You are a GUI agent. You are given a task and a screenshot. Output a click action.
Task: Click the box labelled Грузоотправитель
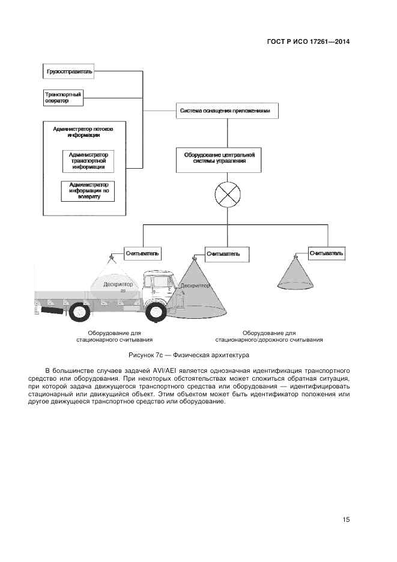[69, 72]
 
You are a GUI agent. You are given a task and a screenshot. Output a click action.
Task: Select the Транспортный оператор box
[63, 98]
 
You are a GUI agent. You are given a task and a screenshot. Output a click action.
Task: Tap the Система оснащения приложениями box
[228, 111]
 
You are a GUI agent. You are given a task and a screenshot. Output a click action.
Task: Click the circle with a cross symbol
[228, 196]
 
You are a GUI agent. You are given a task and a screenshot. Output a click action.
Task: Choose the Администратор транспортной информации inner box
[88, 161]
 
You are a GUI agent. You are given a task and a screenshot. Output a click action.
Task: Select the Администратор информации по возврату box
[88, 191]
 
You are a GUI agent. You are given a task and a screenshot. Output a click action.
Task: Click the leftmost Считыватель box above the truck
[142, 253]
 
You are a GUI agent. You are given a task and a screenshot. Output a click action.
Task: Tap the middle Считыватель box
[223, 254]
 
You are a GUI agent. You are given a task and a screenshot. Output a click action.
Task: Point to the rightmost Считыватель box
[326, 253]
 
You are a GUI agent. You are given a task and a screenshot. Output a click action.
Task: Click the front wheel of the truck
[156, 312]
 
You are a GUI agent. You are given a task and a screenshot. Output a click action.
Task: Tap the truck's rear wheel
[79, 312]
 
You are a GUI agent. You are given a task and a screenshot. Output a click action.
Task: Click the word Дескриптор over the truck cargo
[118, 284]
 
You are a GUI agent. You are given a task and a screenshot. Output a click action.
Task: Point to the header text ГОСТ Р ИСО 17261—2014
[308, 42]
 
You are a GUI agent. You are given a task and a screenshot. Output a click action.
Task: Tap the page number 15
[346, 519]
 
